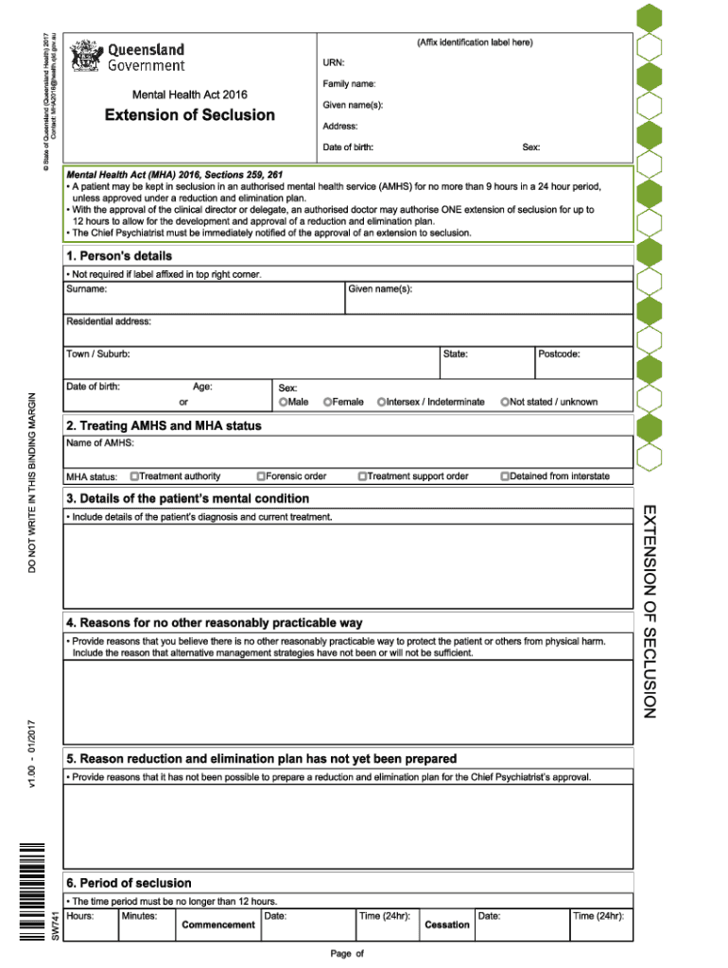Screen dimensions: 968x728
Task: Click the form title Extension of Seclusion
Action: pos(190,115)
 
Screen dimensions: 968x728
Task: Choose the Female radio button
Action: pos(327,402)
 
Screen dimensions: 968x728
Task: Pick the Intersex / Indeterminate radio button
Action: pos(381,402)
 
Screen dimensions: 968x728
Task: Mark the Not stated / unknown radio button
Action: pos(505,402)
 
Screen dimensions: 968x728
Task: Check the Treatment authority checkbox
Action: pos(135,475)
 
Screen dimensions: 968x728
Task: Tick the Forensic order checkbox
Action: pos(261,475)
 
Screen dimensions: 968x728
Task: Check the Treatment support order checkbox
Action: pos(362,475)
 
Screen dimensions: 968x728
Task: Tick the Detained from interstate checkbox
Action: pos(505,475)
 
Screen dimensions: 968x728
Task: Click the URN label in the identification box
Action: pos(334,62)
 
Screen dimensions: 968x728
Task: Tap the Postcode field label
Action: pos(559,354)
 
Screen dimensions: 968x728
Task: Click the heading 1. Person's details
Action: pos(119,256)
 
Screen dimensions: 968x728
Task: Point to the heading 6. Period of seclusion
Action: pos(129,883)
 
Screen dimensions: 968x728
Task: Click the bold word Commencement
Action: pos(218,925)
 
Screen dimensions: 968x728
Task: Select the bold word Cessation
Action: pos(447,925)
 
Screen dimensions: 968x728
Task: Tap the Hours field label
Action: pos(80,916)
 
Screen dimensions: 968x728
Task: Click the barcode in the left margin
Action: pos(34,890)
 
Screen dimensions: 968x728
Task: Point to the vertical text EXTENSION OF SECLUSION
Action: pos(649,611)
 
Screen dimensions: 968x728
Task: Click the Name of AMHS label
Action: pos(100,442)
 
